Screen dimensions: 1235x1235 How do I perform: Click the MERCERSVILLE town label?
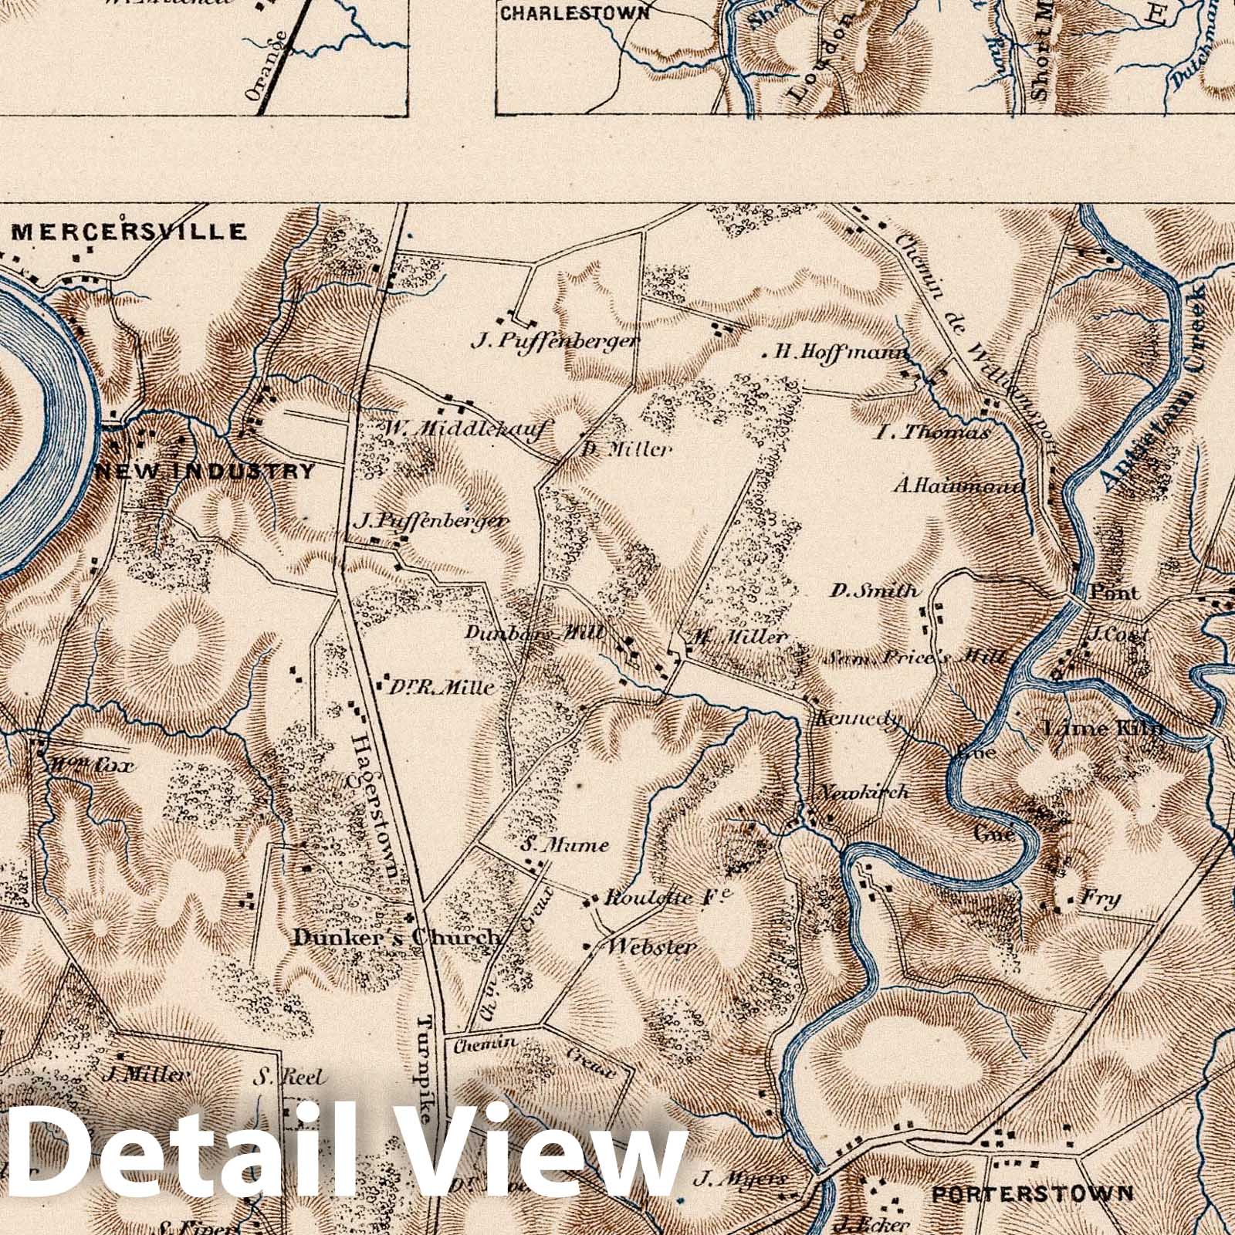pos(129,232)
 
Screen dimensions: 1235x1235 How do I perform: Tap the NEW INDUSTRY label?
pos(205,471)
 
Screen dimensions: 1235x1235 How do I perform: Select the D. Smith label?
pos(875,592)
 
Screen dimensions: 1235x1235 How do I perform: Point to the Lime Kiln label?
pos(1101,728)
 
